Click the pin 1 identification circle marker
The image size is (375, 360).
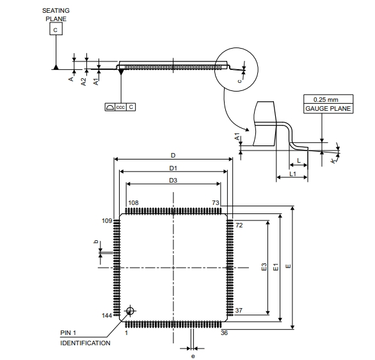[x=130, y=311]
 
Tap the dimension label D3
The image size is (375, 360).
[x=173, y=180]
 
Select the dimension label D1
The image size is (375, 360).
[x=173, y=168]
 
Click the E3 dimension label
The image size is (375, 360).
[x=264, y=267]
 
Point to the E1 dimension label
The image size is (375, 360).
[x=276, y=267]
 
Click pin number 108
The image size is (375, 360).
[x=133, y=202]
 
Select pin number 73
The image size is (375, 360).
[x=216, y=202]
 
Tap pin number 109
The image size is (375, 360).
[x=107, y=221]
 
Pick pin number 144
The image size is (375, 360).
[x=107, y=315]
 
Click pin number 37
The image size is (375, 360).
[x=239, y=310]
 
